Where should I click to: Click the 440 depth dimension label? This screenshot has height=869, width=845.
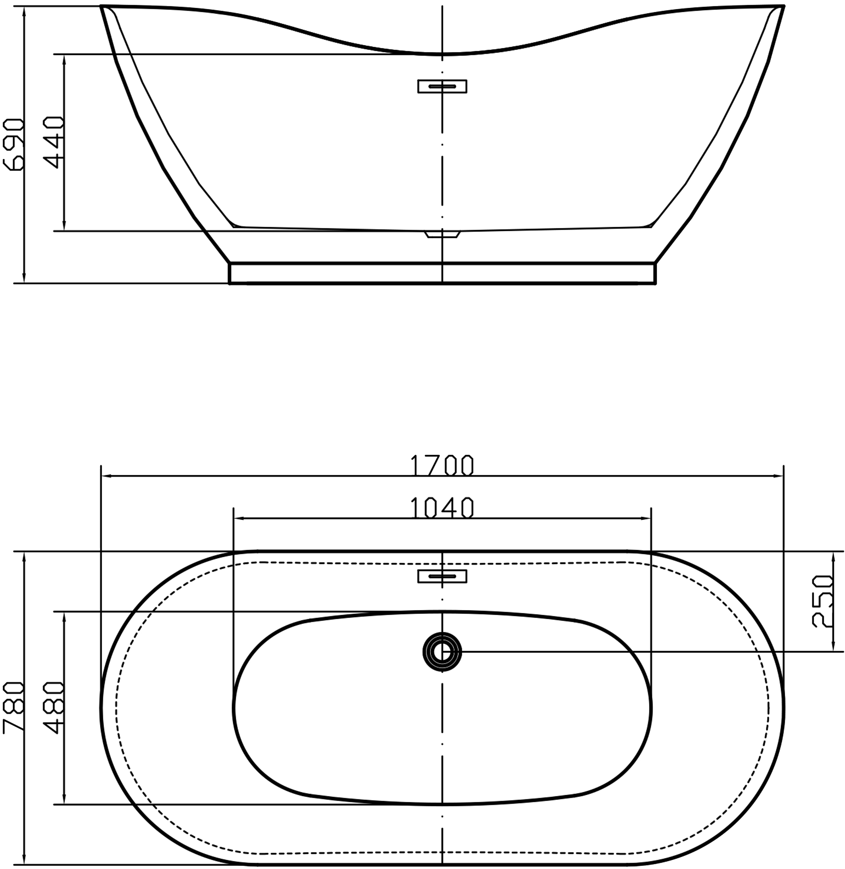[x=54, y=142]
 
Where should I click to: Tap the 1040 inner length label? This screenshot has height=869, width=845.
[x=442, y=508]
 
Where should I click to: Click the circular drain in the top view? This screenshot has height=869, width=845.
[x=442, y=651]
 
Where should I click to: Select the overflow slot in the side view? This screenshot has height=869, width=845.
[x=442, y=86]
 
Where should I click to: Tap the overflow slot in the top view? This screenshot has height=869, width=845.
[x=442, y=576]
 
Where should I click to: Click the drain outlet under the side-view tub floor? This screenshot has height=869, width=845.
[x=442, y=234]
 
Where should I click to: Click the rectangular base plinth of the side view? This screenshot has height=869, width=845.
[x=442, y=273]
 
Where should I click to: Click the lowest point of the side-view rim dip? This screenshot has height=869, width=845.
[x=442, y=54]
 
